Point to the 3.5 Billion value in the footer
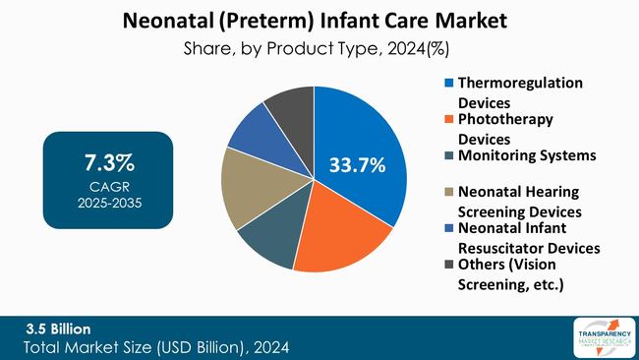click(59, 328)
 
